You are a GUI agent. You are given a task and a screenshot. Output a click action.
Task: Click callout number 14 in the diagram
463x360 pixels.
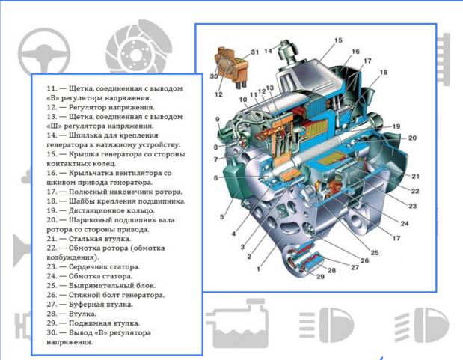(268, 51)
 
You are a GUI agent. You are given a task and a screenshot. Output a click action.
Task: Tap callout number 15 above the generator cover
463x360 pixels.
(338, 40)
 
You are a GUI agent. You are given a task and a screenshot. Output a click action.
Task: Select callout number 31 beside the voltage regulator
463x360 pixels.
(255, 52)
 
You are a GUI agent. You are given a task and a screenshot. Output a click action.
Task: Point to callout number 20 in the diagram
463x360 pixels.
(412, 138)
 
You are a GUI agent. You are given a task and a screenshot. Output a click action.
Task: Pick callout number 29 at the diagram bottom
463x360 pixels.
(320, 277)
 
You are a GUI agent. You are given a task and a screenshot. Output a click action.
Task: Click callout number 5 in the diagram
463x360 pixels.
(222, 216)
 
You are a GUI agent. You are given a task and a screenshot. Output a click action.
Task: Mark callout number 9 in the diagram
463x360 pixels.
(218, 119)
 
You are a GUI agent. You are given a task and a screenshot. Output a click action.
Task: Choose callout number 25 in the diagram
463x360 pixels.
(375, 253)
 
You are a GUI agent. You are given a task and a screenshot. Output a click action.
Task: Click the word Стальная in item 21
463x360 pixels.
(85, 239)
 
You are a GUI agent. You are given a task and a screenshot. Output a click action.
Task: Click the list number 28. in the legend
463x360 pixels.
(52, 314)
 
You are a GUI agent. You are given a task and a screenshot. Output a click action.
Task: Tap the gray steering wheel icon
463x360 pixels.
(44, 51)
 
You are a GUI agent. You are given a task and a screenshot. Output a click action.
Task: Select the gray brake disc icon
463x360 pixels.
(138, 46)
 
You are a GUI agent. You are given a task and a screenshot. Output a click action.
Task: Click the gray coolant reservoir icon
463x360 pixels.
(237, 323)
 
